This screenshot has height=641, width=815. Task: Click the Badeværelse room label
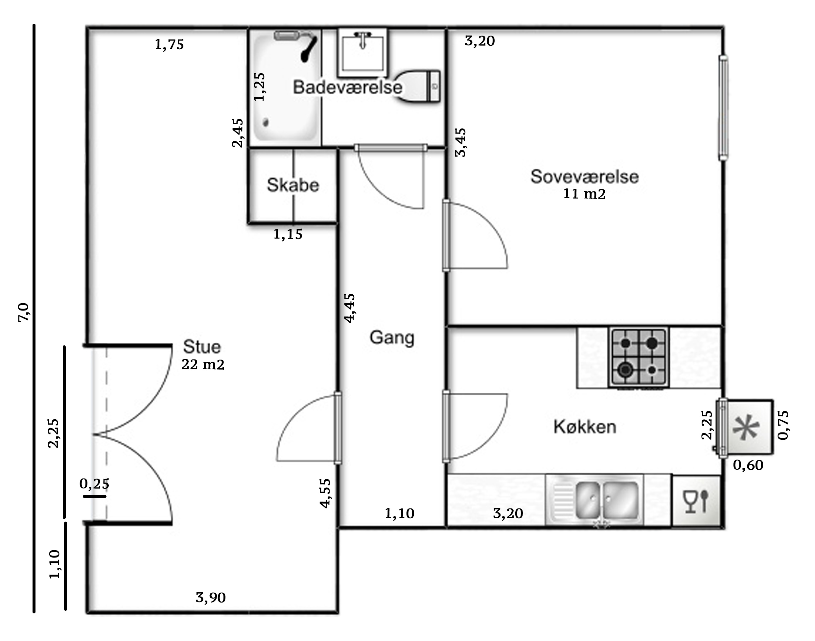(347, 87)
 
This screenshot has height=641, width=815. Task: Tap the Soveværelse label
(584, 176)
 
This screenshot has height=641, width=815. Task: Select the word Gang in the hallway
(392, 338)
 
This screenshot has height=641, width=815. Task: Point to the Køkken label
(585, 427)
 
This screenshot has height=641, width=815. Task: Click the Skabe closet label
(293, 185)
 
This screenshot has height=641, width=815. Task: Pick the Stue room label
(202, 347)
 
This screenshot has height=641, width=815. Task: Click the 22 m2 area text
(203, 364)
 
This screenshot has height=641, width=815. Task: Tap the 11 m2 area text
(584, 194)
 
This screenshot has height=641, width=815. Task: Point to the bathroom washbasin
(362, 52)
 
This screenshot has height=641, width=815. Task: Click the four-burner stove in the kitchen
(639, 357)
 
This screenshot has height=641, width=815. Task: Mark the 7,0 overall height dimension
(23, 312)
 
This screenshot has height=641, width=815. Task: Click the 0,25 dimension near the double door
(94, 484)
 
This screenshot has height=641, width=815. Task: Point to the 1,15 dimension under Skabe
(288, 234)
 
